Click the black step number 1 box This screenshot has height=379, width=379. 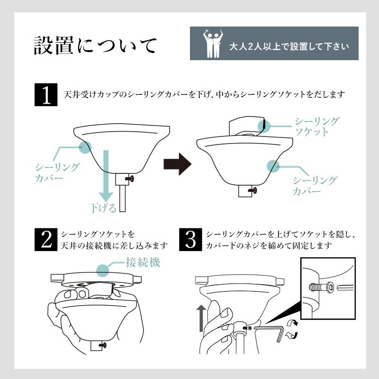[46, 94]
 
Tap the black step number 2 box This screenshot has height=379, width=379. [46, 240]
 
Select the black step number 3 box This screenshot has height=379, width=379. [190, 240]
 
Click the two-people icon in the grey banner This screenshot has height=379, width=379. [213, 44]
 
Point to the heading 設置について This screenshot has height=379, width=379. [95, 45]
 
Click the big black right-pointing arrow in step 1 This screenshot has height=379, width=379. [177, 164]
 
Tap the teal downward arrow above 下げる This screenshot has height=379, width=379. [106, 176]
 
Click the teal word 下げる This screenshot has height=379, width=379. [103, 208]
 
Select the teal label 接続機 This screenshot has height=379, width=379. [143, 262]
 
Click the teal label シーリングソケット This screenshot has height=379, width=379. [316, 126]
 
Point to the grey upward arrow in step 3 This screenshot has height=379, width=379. [201, 318]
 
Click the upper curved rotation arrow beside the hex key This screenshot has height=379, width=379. [292, 323]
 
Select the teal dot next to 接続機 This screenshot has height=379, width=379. [102, 270]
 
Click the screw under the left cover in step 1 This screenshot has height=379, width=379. [129, 179]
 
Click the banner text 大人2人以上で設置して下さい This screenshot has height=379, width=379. [289, 46]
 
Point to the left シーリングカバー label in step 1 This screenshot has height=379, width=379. [57, 172]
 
